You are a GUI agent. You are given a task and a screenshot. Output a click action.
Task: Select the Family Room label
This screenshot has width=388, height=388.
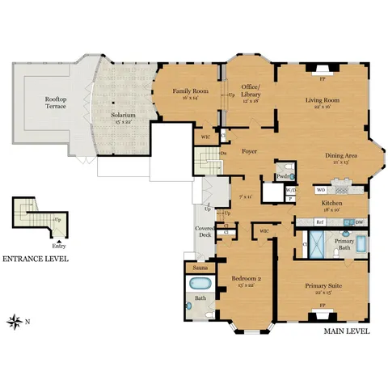(191, 91)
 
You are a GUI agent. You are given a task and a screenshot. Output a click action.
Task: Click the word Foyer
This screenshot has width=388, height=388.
(249, 150)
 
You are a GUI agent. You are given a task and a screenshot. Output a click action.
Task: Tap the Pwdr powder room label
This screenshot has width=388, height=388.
(283, 175)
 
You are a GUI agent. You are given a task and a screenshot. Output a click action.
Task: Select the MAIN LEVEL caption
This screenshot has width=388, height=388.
(346, 331)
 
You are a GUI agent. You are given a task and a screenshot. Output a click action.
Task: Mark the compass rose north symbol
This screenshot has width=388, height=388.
(15, 322)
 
